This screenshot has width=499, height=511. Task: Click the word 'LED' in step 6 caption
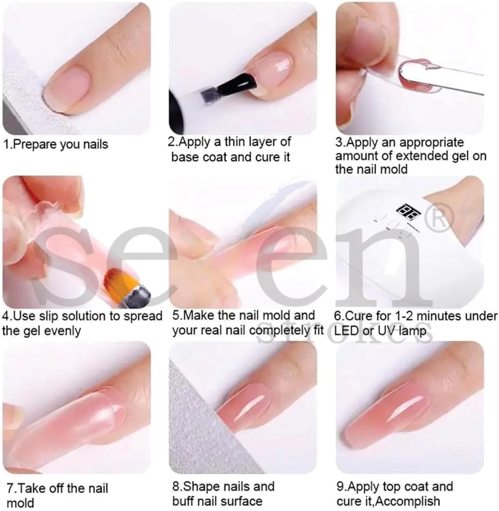tap(346, 331)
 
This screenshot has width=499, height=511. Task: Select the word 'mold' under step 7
tap(20, 503)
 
